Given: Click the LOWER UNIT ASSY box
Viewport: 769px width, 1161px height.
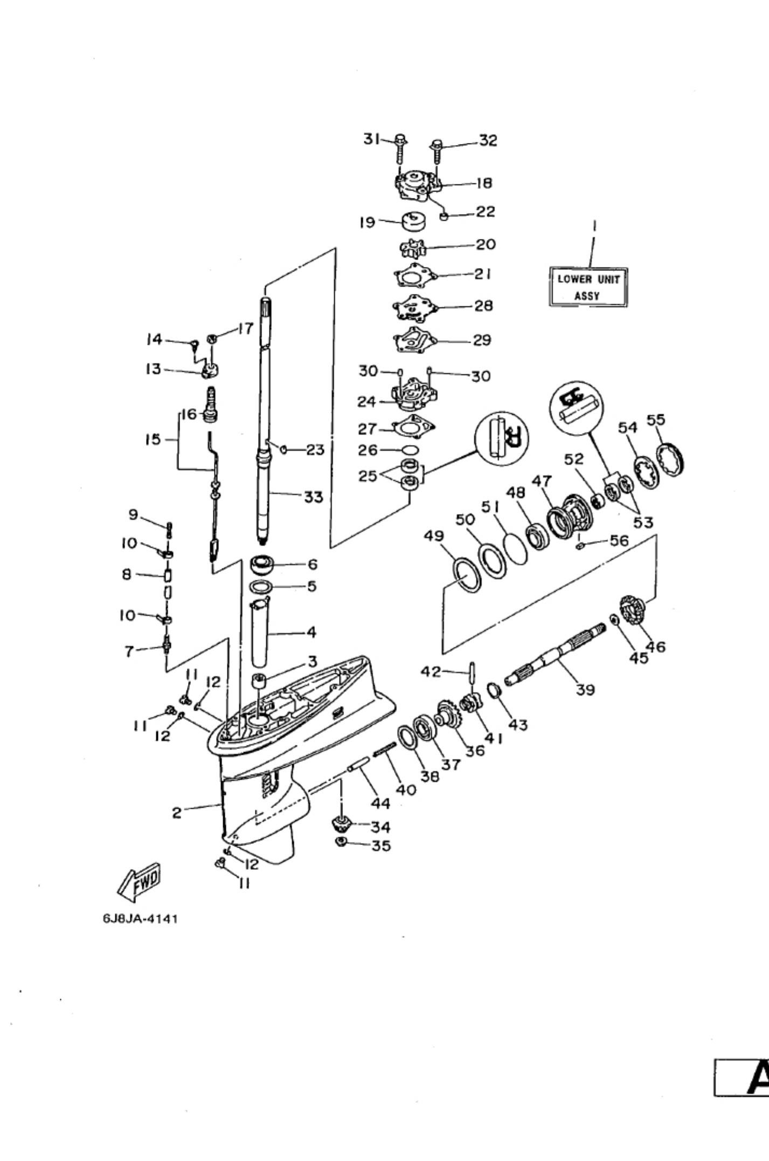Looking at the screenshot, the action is [x=588, y=287].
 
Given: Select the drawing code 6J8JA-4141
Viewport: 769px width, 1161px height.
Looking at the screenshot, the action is [x=140, y=918].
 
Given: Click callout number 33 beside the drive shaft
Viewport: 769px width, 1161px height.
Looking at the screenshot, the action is [x=314, y=497].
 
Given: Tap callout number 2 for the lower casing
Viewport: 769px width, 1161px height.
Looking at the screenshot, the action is [x=177, y=813].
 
